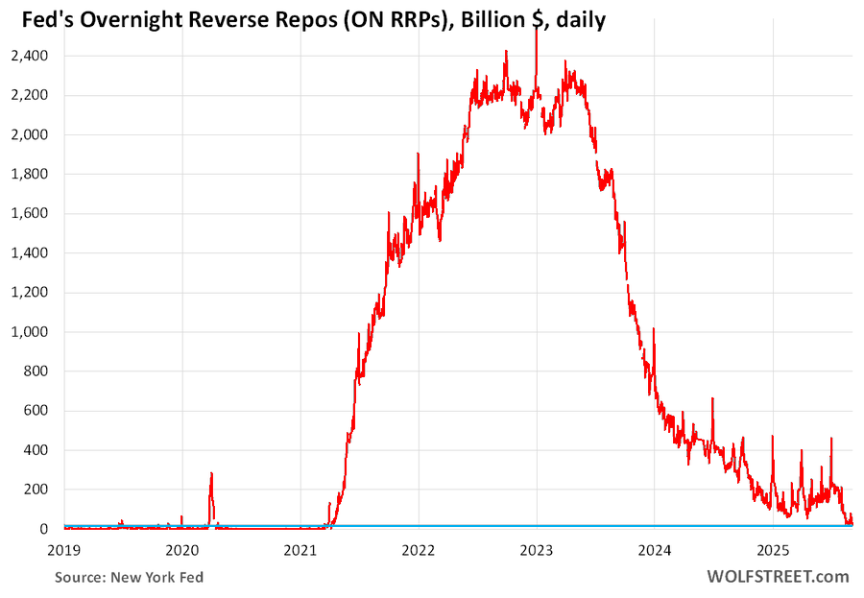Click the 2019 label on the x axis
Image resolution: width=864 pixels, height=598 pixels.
click(64, 550)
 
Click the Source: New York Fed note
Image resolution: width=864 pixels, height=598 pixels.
click(129, 577)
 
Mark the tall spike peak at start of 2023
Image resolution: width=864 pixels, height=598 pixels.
click(536, 31)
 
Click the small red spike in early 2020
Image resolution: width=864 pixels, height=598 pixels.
click(211, 474)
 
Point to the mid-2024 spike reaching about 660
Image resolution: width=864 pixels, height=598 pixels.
click(712, 399)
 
